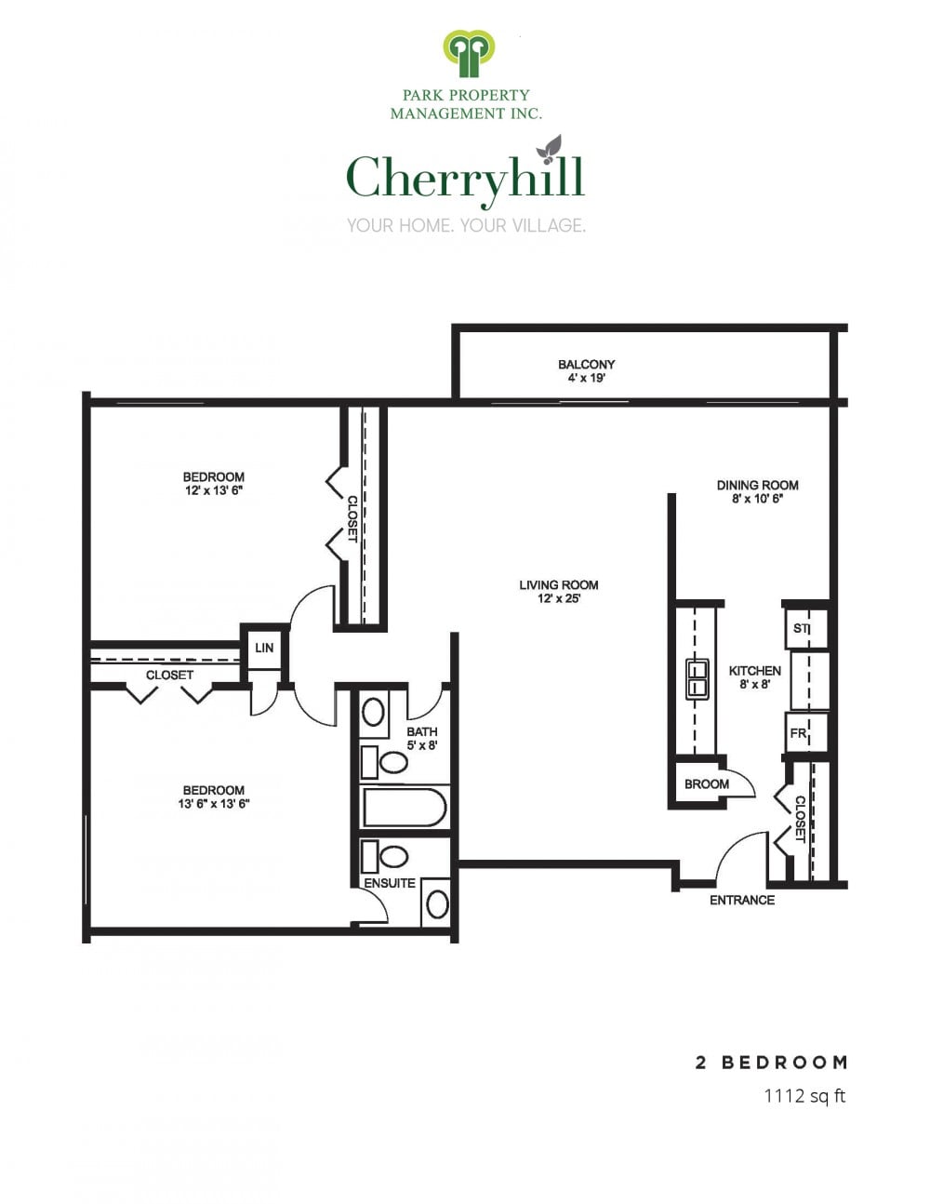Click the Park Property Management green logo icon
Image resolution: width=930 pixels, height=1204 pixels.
click(469, 54)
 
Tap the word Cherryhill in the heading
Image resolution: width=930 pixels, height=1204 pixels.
click(465, 179)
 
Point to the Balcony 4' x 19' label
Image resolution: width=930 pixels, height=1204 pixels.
click(586, 371)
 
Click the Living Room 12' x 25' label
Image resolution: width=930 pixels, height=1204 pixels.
click(559, 591)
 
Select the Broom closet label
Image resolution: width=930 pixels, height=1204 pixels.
click(707, 784)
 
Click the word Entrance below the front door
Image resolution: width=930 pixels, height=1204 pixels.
click(742, 901)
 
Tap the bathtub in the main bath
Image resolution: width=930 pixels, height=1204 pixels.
click(405, 808)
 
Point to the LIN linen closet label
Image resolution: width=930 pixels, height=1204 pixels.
click(264, 648)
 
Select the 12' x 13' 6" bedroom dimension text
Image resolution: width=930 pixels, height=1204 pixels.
click(214, 490)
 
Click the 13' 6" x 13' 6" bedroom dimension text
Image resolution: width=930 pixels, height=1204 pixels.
click(214, 804)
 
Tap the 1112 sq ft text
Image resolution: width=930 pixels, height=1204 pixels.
click(804, 1095)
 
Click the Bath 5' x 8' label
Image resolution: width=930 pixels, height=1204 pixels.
click(422, 739)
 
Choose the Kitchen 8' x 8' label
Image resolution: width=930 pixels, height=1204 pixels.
click(754, 677)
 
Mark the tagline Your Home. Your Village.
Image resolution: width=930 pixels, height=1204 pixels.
click(466, 225)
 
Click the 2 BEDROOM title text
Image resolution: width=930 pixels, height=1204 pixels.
click(772, 1063)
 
